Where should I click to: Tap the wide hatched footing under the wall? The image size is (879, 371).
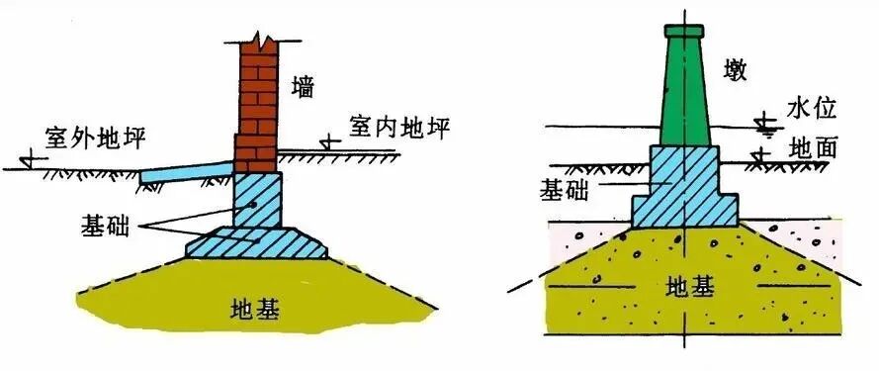pos(257,241)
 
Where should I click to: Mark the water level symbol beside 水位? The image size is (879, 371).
pos(762,123)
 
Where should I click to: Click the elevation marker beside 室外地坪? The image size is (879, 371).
pos(30,155)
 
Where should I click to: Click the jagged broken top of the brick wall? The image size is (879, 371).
pos(259,43)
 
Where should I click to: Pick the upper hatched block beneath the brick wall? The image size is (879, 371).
pos(257,199)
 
